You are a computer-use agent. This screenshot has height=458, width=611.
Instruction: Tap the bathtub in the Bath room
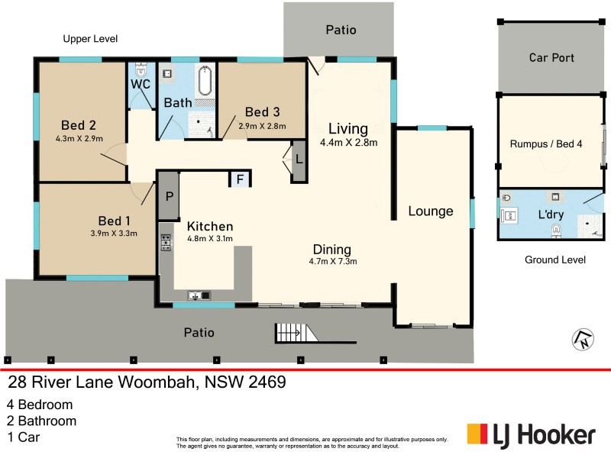click(205, 83)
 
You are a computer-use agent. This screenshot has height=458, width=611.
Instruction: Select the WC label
click(140, 84)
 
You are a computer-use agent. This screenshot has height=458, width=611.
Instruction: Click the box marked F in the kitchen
click(241, 179)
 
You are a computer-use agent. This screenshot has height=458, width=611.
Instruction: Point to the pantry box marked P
click(168, 195)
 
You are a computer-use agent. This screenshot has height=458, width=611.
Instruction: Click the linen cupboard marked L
click(299, 161)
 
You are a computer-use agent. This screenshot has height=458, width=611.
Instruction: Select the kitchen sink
click(196, 295)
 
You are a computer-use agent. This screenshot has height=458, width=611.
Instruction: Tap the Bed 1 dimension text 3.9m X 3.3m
click(114, 234)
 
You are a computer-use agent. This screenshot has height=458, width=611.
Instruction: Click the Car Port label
click(551, 58)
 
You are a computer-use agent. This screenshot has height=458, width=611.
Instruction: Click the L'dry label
click(551, 214)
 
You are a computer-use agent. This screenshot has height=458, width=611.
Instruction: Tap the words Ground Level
click(554, 260)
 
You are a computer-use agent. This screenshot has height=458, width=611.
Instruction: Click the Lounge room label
click(430, 211)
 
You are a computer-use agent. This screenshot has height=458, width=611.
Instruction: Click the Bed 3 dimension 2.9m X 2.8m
click(262, 126)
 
